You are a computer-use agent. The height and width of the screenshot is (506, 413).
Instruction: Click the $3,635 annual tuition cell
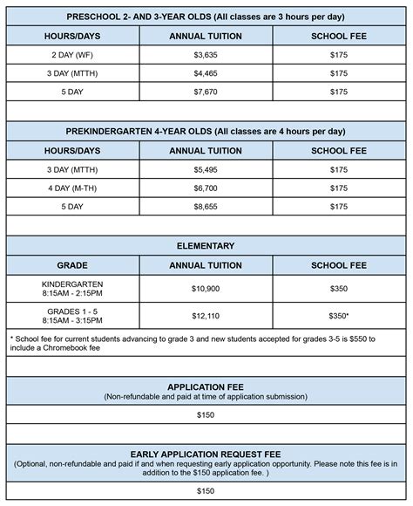[206, 55]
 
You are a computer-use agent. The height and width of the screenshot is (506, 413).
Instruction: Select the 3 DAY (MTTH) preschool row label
[73, 73]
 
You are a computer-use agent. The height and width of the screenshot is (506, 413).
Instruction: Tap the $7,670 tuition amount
[206, 92]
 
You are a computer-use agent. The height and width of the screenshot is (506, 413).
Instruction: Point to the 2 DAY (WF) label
[73, 55]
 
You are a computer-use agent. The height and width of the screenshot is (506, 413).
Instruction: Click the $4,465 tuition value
[206, 73]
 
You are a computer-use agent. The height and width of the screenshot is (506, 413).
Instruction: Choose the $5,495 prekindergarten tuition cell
[206, 169]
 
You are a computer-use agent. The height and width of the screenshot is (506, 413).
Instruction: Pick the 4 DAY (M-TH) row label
[73, 188]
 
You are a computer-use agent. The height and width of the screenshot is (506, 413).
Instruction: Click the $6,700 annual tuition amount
[206, 188]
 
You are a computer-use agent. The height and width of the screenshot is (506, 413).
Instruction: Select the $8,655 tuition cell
[206, 207]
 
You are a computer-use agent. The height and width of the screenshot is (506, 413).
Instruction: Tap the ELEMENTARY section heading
[206, 246]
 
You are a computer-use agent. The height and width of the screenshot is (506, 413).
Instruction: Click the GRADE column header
[73, 264]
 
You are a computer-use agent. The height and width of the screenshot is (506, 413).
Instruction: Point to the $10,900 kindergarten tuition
[206, 288]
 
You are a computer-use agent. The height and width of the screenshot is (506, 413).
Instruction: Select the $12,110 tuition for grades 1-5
[206, 314]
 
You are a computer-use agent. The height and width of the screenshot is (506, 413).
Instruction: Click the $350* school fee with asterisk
[340, 314]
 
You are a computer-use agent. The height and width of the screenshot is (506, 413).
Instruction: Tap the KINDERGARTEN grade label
[73, 284]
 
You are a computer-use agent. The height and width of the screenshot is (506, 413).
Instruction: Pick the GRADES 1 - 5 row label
[73, 309]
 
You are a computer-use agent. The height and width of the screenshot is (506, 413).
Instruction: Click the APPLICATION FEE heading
[206, 386]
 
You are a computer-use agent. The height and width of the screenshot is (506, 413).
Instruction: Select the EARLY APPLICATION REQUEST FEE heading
[206, 455]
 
